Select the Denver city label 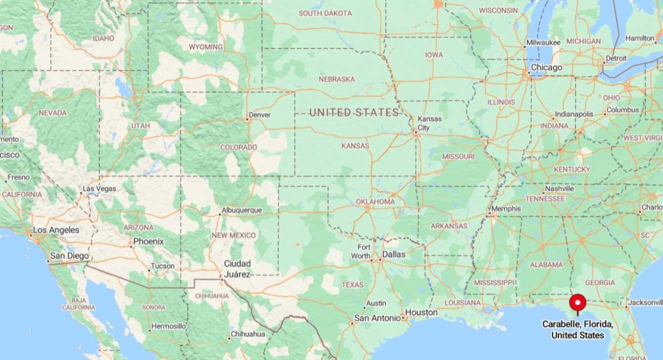tap(260, 115)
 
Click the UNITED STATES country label tap(354, 113)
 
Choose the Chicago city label tap(546, 67)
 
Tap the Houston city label tap(421, 312)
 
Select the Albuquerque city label tap(242, 210)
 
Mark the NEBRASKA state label tap(337, 79)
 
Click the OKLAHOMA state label tap(375, 201)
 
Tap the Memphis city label tap(506, 208)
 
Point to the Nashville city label tap(559, 188)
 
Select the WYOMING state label tap(206, 47)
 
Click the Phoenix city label tap(148, 242)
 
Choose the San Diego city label tap(69, 256)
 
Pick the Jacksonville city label tap(645, 302)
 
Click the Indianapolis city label tap(574, 114)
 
